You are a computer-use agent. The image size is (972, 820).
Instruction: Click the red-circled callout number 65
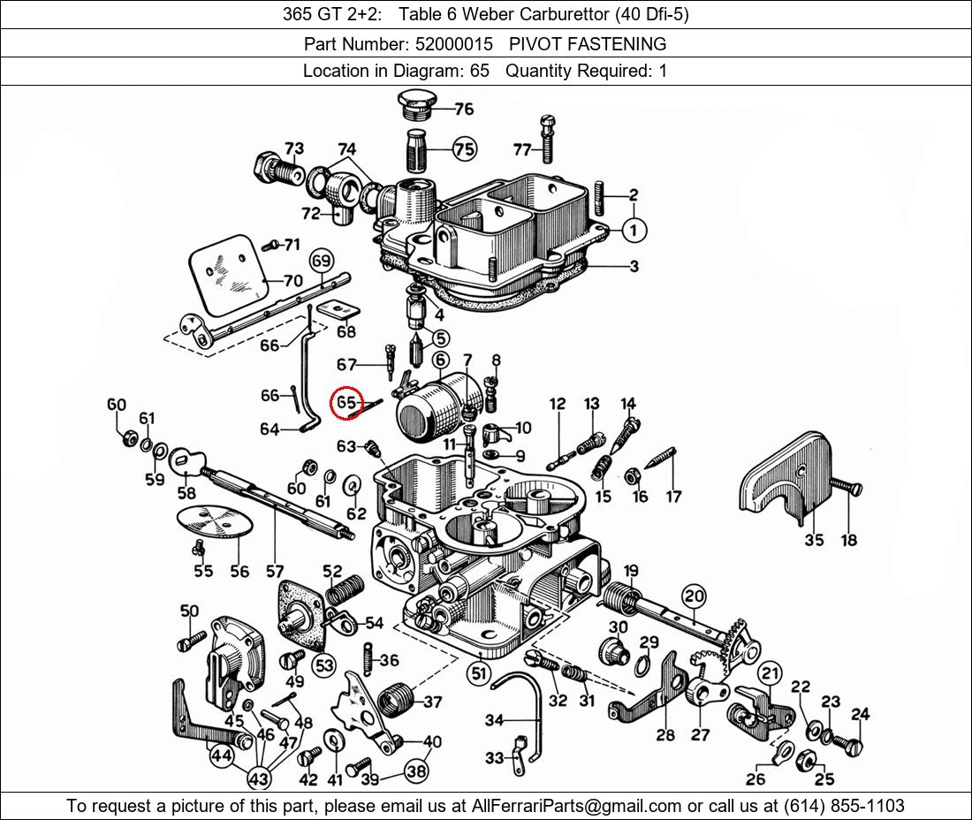click(347, 403)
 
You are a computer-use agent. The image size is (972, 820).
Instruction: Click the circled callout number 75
click(464, 149)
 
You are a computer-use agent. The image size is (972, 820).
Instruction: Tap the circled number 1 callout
click(634, 231)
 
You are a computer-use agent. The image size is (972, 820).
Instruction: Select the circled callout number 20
click(694, 596)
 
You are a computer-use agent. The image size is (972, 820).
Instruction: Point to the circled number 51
click(479, 673)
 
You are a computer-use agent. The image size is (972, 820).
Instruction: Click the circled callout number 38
click(416, 771)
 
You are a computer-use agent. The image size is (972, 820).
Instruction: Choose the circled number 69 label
click(321, 261)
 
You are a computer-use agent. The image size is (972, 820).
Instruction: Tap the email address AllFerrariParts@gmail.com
click(577, 806)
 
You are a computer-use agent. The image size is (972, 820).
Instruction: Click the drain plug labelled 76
click(414, 104)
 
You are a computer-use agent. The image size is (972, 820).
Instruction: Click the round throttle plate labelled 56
click(216, 521)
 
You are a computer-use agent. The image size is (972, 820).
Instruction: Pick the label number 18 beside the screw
click(848, 540)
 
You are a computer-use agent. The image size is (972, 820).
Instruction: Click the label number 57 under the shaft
click(275, 572)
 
